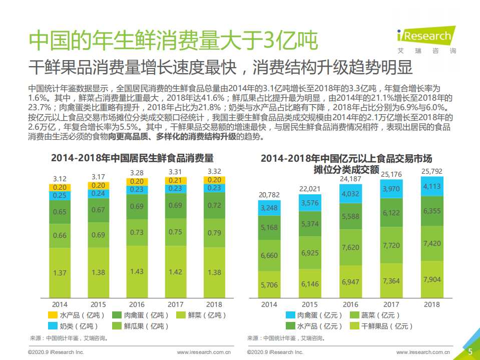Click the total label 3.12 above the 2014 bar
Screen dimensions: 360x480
pos(60,179)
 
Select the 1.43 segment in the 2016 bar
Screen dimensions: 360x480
pos(136,271)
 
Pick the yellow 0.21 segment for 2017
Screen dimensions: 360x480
pos(175,180)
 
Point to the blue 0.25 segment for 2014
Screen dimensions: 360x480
pos(60,196)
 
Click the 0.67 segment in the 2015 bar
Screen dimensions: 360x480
pos(98,210)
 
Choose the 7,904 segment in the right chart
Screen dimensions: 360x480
pos(431,279)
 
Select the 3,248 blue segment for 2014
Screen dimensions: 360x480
pos(269,207)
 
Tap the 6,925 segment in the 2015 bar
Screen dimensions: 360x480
pos(310,254)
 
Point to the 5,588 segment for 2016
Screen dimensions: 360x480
pos(350,216)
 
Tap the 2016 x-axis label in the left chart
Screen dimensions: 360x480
pos(136,304)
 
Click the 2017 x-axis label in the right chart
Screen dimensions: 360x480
pos(391,304)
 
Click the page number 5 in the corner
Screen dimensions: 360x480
pos(470,351)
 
